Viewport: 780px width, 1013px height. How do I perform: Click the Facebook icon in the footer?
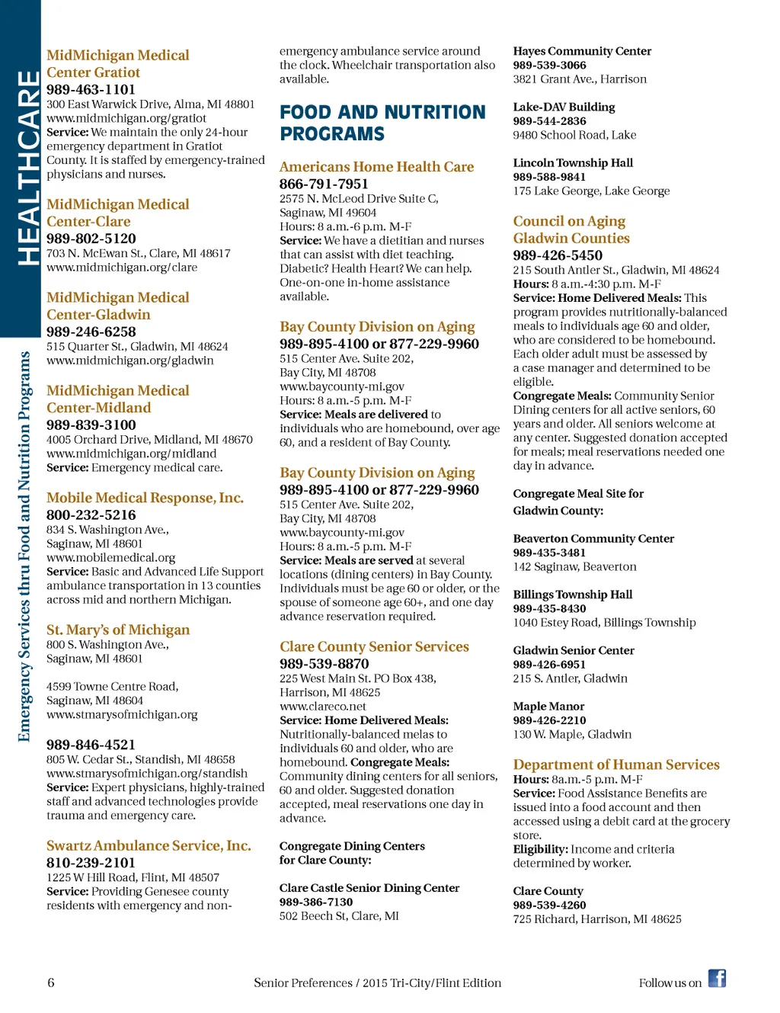tap(717, 978)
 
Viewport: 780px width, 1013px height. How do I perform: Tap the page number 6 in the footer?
tap(51, 983)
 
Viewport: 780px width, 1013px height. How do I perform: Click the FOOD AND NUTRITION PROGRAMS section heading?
tap(382, 123)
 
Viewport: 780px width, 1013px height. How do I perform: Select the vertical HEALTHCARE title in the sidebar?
tap(27, 168)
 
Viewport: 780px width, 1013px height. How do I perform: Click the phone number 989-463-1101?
tap(91, 89)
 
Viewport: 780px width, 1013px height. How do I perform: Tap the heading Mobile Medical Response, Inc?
tap(145, 498)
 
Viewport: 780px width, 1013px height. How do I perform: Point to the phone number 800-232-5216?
tap(91, 515)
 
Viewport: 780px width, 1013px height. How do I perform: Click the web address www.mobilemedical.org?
tap(110, 557)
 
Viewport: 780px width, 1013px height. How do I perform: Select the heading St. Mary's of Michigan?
tap(118, 630)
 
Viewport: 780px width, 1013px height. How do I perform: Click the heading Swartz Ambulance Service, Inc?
tap(149, 845)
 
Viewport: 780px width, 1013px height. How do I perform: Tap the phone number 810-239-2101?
tap(91, 863)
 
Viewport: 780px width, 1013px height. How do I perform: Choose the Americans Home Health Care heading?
tap(376, 167)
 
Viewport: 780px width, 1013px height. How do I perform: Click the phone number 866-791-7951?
tap(324, 184)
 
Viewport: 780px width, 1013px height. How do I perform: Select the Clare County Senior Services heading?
tap(374, 646)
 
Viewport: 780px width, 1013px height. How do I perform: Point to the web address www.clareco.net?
tap(322, 706)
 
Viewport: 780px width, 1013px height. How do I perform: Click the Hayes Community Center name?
tap(582, 51)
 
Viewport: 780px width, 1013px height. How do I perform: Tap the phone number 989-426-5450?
tap(558, 255)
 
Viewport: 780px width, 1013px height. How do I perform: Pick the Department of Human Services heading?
tap(616, 765)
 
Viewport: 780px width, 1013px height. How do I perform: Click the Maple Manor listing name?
tap(548, 707)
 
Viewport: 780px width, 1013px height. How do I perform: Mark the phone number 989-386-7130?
tap(316, 902)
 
